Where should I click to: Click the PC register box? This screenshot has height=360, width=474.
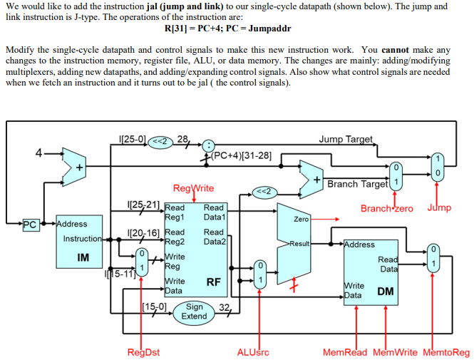point(29,225)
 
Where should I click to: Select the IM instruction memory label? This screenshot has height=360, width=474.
point(82,257)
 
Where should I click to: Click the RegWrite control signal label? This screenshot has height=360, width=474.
point(193,188)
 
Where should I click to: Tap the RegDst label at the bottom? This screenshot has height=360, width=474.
point(143,352)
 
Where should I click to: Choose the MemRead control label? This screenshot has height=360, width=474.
point(345,352)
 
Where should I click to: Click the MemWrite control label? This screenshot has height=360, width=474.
point(395,352)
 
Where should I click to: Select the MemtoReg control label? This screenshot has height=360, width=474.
point(446,352)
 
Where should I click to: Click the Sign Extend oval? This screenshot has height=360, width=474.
point(194,312)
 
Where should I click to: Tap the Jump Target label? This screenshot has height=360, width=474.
point(346,139)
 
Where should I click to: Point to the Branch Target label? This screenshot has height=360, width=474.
point(356,184)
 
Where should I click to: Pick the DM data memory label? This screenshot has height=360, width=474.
point(385,291)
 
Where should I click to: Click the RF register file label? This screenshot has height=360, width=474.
point(212,282)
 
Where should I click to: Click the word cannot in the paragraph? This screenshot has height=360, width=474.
point(396,50)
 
